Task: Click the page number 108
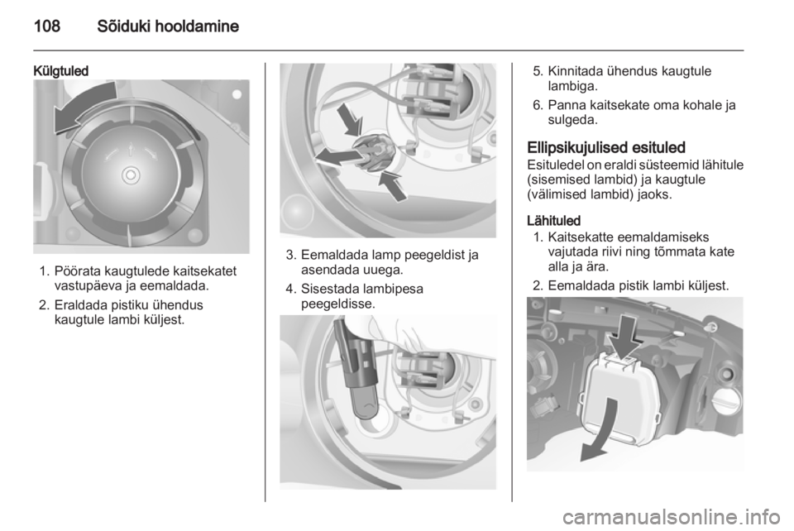point(47,26)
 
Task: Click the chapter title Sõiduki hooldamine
point(168,26)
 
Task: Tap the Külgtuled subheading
point(60,71)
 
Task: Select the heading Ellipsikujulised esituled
point(606,147)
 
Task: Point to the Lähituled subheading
point(553,221)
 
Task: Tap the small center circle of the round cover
point(131,175)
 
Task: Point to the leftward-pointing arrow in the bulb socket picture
point(337,156)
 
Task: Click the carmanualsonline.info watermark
point(672,518)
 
